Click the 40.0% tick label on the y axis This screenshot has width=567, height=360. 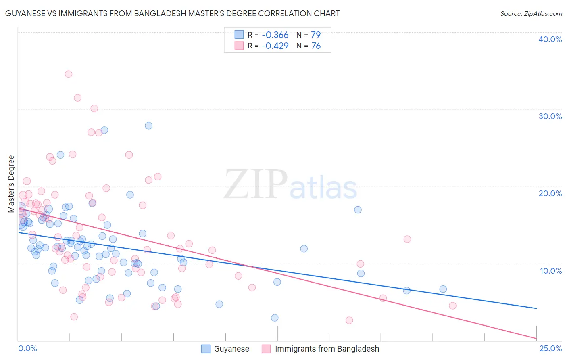point(550,39)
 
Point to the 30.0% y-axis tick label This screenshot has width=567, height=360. point(550,116)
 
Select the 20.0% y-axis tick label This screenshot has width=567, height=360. point(550,193)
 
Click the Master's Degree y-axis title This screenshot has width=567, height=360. point(11,184)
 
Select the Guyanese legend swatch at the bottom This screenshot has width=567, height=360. point(206,349)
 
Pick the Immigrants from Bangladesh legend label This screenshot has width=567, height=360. point(327,349)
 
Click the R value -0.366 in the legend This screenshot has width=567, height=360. point(275,35)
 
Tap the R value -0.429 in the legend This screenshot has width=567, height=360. point(275,46)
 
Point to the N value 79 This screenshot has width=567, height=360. point(316,35)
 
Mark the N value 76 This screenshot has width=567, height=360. point(316,46)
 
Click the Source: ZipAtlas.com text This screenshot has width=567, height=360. point(531,14)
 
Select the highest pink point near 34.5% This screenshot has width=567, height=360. point(69,74)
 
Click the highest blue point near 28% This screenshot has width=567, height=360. point(149,126)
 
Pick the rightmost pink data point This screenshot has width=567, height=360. point(452,306)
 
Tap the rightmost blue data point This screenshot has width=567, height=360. point(443,289)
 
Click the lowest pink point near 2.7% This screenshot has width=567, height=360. point(349,320)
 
